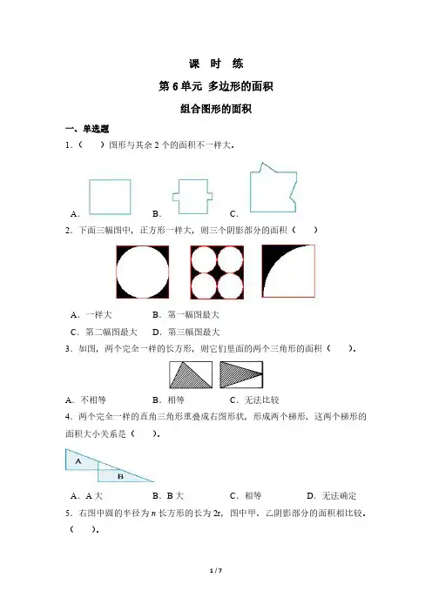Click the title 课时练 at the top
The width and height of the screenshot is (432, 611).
tap(216, 64)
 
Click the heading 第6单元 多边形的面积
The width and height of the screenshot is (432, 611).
tap(216, 86)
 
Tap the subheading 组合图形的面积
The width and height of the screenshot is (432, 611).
tap(216, 109)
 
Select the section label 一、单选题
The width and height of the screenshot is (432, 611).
tap(87, 129)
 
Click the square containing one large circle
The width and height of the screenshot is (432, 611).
tap(143, 272)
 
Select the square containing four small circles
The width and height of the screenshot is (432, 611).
tap(217, 272)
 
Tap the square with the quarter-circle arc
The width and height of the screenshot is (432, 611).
tap(288, 272)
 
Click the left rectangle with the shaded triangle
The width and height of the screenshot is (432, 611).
tap(191, 375)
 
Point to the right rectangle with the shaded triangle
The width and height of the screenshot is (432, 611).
tap(241, 375)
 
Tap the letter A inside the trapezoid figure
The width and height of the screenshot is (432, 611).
tap(78, 461)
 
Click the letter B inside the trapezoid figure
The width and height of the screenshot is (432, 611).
tap(120, 476)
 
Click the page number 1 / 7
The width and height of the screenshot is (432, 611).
tap(216, 571)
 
